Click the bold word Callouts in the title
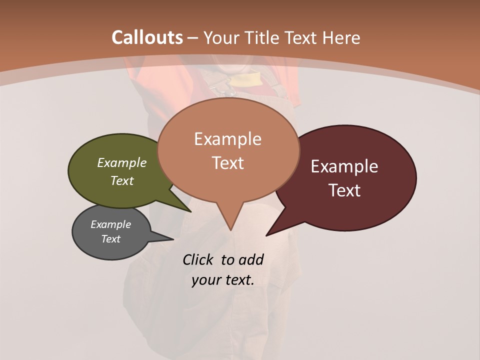point(147,37)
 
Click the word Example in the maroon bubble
point(344,166)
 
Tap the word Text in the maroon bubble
point(344,190)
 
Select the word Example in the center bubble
point(228,139)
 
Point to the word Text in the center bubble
point(228,163)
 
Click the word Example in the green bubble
point(122,163)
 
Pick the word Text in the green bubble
point(122,181)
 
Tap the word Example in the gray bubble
point(110,224)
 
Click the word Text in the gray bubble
point(110,239)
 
